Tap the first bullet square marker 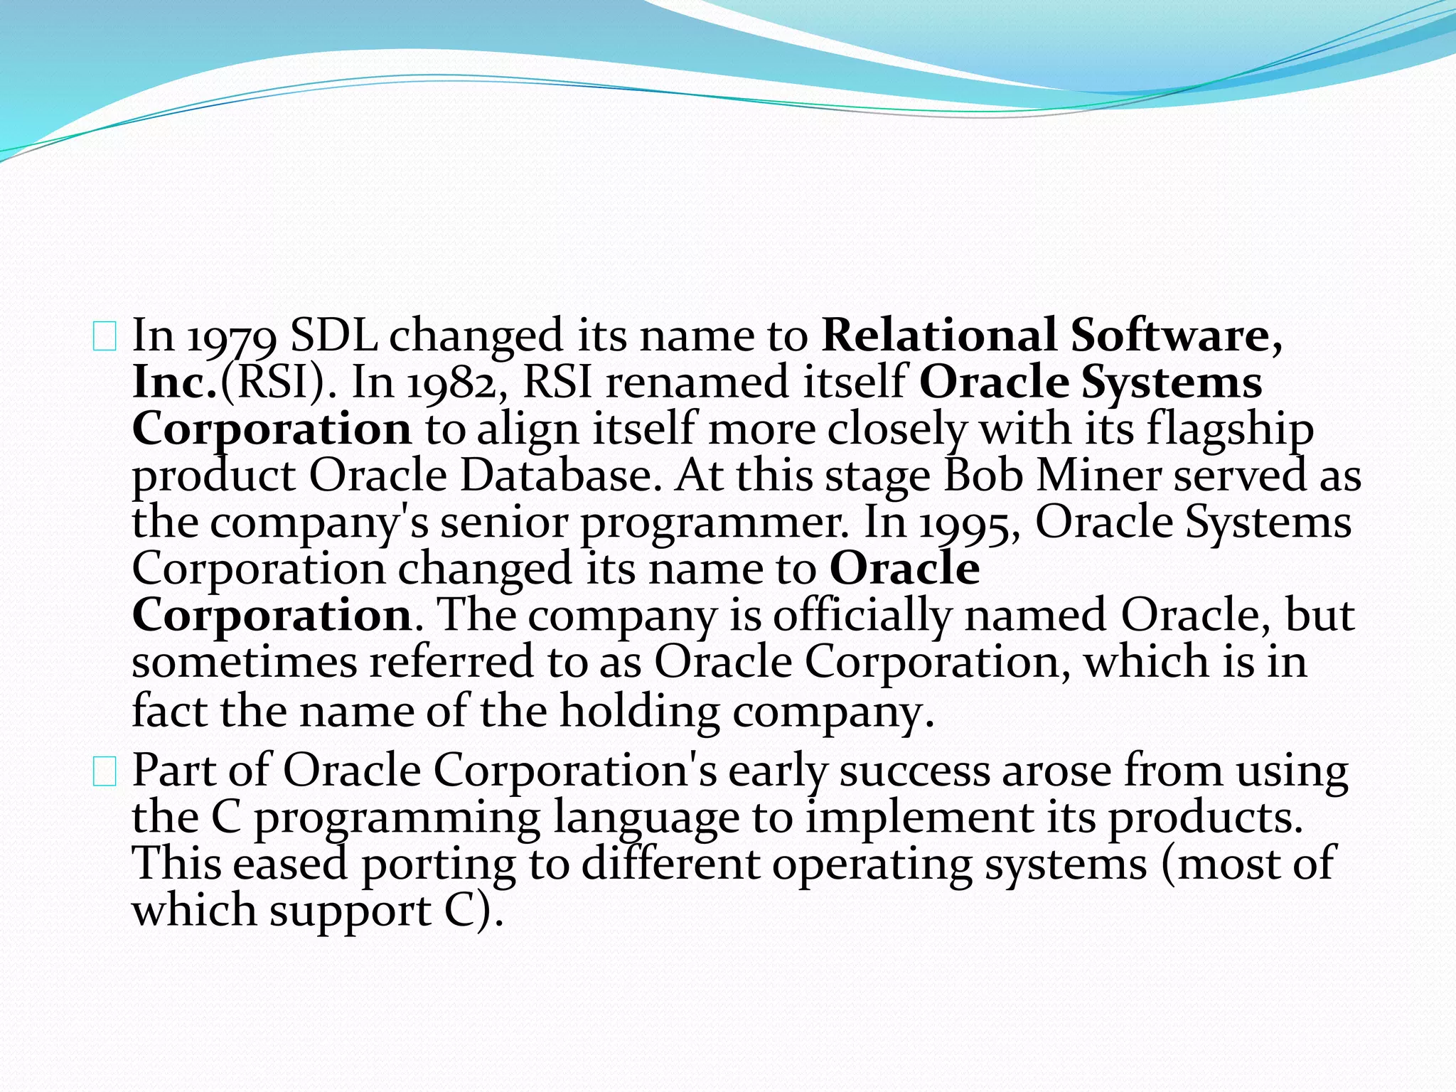(x=105, y=336)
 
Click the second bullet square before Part (x=105, y=771)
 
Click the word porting (x=439, y=864)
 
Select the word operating (x=872, y=864)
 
